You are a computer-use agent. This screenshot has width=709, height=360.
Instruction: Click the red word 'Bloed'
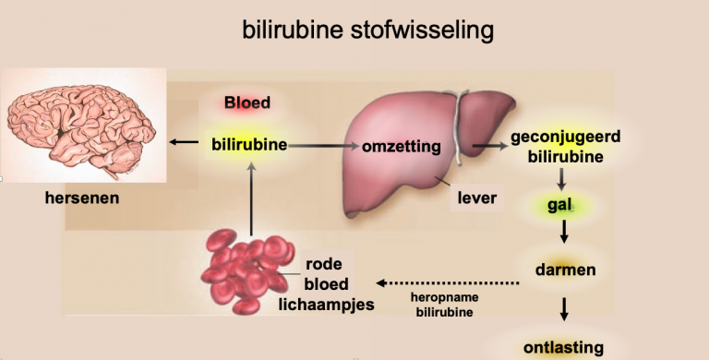[247, 102]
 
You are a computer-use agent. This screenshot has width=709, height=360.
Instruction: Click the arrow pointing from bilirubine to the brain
[186, 142]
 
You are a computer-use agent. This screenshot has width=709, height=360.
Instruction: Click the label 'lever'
[477, 197]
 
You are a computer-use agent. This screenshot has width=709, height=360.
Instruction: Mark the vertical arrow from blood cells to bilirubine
[251, 198]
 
